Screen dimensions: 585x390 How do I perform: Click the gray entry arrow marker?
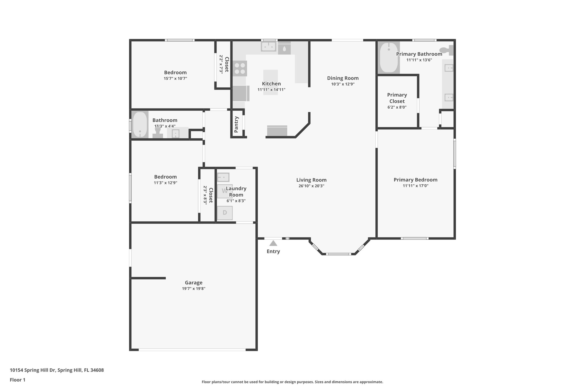(x=273, y=243)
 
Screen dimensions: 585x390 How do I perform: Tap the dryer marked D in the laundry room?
(x=225, y=213)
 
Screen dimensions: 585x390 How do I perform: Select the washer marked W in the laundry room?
(x=225, y=191)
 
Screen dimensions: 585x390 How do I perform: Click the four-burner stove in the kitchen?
(x=240, y=69)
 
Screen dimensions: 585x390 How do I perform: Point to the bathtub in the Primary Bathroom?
(x=389, y=58)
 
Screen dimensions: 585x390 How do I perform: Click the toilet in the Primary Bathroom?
(x=447, y=50)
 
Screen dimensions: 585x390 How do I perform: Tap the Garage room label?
(x=194, y=283)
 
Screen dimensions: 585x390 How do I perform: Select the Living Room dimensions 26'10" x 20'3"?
(x=311, y=186)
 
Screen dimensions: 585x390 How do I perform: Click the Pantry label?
(x=236, y=125)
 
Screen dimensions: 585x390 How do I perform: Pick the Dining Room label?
(x=343, y=78)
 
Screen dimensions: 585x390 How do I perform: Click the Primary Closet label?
(x=397, y=98)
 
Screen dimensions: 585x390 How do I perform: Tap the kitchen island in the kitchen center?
(x=271, y=82)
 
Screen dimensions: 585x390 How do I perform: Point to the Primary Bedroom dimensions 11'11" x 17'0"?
(x=416, y=186)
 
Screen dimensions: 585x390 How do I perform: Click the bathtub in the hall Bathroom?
(x=140, y=125)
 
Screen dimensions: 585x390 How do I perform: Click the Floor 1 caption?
(x=18, y=380)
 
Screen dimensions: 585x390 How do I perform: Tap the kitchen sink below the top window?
(x=269, y=47)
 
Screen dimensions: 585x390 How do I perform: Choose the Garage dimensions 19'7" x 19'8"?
(x=194, y=289)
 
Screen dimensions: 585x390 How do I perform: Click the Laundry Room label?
(x=236, y=192)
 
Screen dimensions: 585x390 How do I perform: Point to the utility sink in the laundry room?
(x=223, y=177)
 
